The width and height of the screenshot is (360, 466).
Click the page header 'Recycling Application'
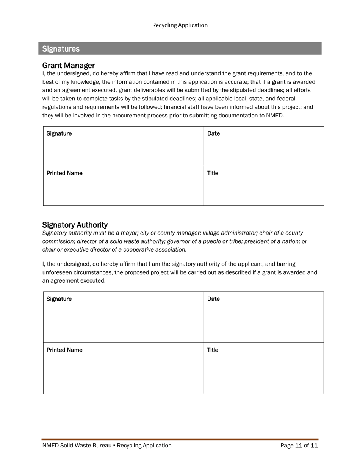coord(180,25)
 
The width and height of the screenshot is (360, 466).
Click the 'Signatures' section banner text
coord(61,49)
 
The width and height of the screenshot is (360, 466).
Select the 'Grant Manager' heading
coord(68,65)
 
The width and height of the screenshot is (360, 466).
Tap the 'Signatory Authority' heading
coord(75,225)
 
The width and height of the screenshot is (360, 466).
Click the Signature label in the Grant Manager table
coord(59,133)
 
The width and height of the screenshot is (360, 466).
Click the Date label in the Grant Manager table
coord(213,133)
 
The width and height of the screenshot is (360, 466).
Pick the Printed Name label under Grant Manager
coord(64,173)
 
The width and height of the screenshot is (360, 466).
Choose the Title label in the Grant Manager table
coord(213,173)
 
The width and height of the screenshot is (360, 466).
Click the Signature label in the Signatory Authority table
coord(59,299)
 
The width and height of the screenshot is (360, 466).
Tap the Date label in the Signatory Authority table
coord(213,299)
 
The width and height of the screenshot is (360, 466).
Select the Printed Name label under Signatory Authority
coord(64,350)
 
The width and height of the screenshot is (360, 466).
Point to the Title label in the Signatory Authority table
coord(213,350)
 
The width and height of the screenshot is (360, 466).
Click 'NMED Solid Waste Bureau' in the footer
coord(77,446)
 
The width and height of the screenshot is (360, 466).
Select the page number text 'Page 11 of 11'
coord(299,446)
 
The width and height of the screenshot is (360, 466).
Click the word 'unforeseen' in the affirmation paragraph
coord(56,272)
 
